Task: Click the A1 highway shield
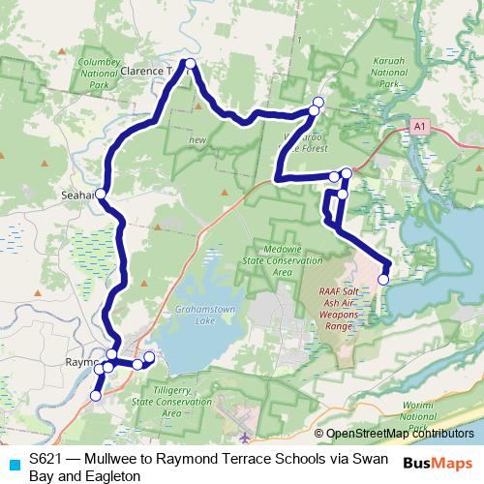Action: point(418,126)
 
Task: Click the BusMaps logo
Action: point(437,462)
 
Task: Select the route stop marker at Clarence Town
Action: point(191,64)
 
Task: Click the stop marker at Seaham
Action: point(101,193)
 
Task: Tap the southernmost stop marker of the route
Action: point(96,395)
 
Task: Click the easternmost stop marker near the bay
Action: point(387,269)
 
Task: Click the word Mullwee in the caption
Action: point(113,458)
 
